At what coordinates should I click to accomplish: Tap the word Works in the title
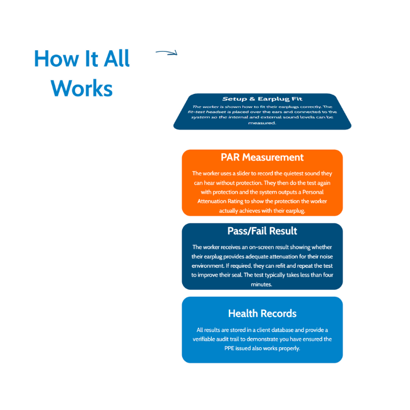(81, 88)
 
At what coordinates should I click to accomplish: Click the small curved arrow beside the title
(166, 54)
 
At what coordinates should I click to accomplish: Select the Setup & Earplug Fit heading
(263, 99)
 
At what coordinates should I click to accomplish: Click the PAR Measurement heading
(263, 158)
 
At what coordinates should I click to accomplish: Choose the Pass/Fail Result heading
(263, 231)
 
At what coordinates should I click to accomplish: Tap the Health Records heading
(263, 313)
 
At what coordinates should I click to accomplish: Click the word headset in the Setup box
(228, 112)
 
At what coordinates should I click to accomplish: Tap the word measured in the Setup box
(262, 123)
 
